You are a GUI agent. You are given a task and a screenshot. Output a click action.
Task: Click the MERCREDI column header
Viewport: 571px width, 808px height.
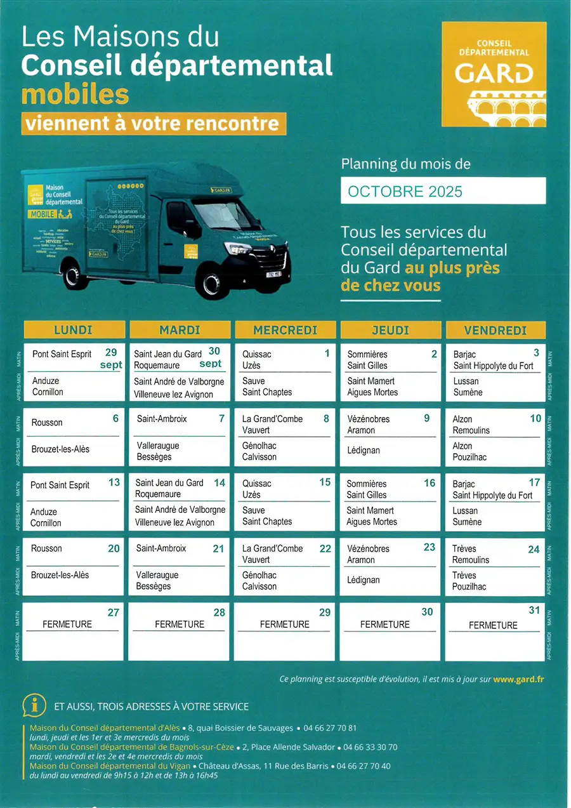pos(285,330)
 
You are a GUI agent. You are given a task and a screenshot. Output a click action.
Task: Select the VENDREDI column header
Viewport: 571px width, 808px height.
pos(496,330)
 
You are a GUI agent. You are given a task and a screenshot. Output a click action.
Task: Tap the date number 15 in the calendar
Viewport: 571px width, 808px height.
pos(325,482)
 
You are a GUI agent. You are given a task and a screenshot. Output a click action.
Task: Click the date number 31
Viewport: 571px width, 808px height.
pos(534,610)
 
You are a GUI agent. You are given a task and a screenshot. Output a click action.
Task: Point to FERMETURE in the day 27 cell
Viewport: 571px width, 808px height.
pos(67,624)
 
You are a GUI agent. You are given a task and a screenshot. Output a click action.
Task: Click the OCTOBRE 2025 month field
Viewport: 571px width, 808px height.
pos(443,191)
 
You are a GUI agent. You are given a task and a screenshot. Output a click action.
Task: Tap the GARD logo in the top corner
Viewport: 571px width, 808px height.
pos(494,75)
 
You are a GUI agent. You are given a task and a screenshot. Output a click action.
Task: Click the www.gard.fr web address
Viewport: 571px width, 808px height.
pos(518,679)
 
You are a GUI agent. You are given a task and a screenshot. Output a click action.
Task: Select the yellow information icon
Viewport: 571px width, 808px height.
pos(34,705)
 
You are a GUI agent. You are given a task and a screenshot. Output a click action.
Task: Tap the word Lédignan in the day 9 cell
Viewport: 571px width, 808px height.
pos(364,450)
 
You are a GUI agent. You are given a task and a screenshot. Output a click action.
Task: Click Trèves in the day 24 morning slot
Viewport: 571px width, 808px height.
pos(464,548)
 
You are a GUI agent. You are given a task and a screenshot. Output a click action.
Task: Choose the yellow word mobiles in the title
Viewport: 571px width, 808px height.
pos(75,94)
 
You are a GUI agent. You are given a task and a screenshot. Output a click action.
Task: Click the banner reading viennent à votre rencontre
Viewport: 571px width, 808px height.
pos(153,123)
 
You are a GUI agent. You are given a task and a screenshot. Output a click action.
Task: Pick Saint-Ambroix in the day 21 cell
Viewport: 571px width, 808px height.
pos(161,548)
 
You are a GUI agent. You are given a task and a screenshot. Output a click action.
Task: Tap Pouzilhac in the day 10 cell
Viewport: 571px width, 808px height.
pos(470,457)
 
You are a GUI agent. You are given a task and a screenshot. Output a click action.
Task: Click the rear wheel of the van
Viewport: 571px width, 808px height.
pos(72,275)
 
